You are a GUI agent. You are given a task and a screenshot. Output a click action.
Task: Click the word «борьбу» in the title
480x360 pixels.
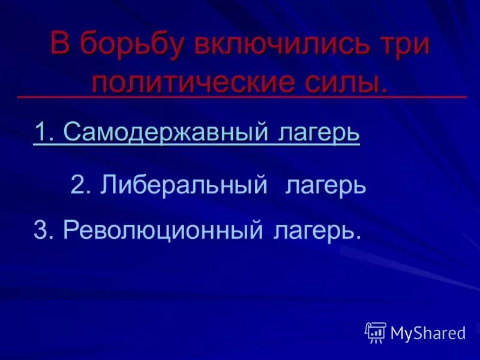click(x=130, y=46)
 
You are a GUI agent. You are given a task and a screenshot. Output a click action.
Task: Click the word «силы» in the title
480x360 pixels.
click(x=340, y=82)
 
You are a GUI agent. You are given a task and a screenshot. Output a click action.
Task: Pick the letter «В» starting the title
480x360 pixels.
click(x=60, y=45)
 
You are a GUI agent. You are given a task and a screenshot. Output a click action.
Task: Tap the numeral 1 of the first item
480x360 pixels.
click(x=40, y=132)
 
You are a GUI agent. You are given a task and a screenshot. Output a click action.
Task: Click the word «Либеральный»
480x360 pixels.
click(x=184, y=185)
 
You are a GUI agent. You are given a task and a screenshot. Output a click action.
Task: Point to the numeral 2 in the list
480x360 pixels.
click(x=77, y=185)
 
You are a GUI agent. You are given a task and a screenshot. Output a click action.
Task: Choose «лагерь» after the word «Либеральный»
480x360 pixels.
click(x=326, y=185)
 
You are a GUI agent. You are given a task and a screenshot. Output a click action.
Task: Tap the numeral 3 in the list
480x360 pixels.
click(x=40, y=229)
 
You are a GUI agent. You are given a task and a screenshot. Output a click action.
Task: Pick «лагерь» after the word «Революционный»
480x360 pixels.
click(x=313, y=230)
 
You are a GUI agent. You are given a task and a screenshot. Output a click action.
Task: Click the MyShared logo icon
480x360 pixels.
click(x=376, y=332)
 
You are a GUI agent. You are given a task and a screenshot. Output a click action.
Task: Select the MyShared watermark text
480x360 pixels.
click(x=428, y=333)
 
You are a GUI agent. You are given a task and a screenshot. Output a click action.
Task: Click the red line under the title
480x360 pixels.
click(x=240, y=96)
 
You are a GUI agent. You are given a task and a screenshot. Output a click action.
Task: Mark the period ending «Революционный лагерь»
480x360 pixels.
click(x=358, y=236)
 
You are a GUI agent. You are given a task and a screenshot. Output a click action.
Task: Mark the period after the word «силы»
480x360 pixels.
click(x=383, y=90)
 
